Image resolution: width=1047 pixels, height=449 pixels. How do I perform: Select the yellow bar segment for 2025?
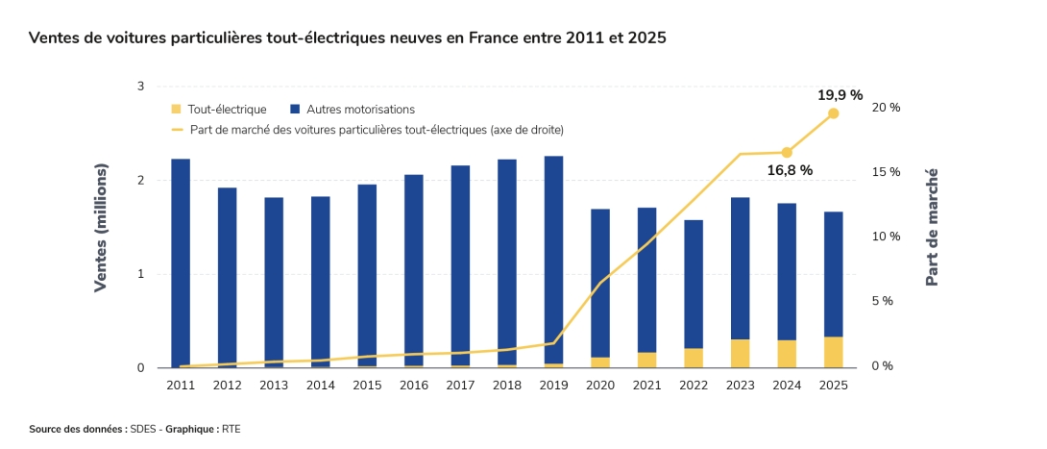[833, 352]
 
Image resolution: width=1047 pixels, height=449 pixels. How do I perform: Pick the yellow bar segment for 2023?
[740, 353]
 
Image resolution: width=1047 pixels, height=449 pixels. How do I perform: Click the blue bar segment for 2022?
[694, 284]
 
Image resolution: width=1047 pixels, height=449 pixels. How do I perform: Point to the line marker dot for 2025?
[833, 113]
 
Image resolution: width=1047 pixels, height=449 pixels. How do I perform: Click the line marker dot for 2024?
[787, 152]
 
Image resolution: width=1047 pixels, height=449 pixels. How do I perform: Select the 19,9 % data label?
[840, 95]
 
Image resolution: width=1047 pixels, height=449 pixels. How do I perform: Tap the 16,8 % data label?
[790, 170]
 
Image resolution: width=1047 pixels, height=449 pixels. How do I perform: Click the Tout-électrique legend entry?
[218, 110]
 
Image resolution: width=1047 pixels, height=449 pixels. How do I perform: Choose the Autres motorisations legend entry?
[352, 110]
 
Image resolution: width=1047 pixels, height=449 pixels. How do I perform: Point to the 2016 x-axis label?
[413, 386]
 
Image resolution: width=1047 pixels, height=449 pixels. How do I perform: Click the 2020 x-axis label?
[599, 386]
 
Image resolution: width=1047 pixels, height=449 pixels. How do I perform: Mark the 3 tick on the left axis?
[140, 87]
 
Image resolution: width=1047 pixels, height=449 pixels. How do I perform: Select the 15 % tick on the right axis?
[887, 172]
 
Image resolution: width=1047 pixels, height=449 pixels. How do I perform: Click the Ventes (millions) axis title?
[101, 229]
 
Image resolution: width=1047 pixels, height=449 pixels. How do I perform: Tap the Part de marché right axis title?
[931, 228]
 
